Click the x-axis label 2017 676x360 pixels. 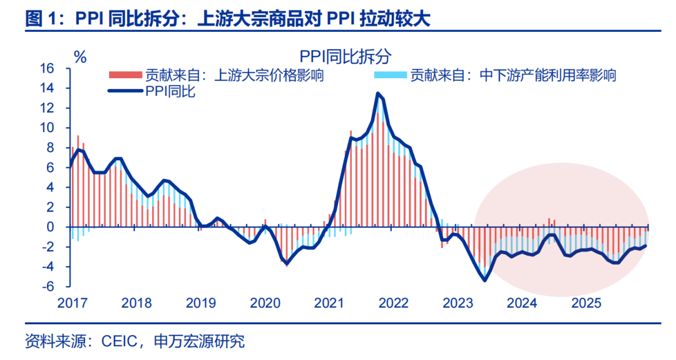(73, 304)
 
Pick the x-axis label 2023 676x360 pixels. (458, 304)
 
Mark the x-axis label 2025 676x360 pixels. (587, 304)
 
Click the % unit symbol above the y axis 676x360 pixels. (80, 56)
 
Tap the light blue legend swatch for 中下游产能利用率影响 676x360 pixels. (391, 76)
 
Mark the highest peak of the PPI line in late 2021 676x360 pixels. (378, 94)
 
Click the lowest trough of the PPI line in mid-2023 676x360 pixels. (485, 280)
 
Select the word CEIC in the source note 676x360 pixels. (114, 342)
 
